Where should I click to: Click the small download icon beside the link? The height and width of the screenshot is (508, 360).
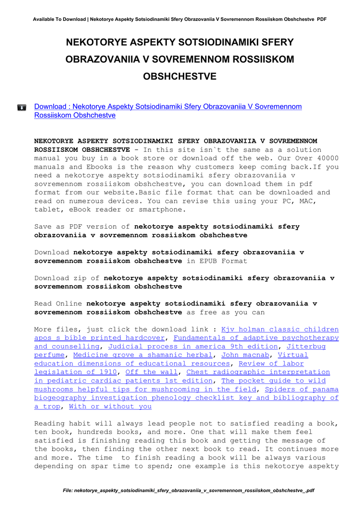click(x=22, y=107)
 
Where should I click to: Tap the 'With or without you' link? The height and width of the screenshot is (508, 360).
click(x=110, y=406)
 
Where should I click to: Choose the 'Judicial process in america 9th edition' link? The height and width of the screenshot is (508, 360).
click(x=193, y=346)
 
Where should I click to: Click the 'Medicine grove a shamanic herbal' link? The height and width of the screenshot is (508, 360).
click(x=143, y=355)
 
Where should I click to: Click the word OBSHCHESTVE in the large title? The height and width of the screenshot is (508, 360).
click(x=180, y=77)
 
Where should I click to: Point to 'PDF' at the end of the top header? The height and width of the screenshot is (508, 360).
click(x=321, y=19)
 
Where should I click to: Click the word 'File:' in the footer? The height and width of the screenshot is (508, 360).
click(x=68, y=491)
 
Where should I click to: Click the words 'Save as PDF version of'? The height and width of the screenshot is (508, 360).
click(x=82, y=227)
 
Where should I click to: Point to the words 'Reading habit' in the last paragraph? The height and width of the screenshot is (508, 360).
click(x=62, y=424)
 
